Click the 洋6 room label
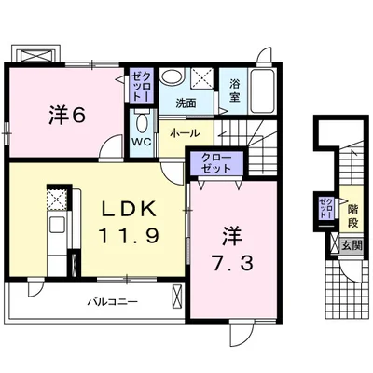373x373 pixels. click(x=66, y=116)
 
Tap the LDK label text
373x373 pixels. click(x=129, y=209)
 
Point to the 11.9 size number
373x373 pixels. click(x=129, y=235)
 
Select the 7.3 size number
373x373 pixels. click(x=232, y=263)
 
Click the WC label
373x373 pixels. click(x=142, y=142)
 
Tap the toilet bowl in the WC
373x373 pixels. click(x=142, y=124)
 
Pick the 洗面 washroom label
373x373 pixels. click(x=186, y=104)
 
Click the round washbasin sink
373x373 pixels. click(x=172, y=76)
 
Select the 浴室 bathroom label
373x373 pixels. click(x=235, y=90)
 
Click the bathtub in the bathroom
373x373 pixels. click(x=262, y=91)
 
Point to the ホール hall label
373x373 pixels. click(x=185, y=133)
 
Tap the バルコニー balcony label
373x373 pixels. click(x=112, y=302)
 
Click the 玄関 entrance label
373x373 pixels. click(x=352, y=246)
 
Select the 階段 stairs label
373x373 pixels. click(x=352, y=215)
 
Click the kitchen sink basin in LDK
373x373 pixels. click(x=56, y=225)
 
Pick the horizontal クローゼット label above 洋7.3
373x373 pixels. click(x=216, y=163)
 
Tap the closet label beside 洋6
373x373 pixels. click(x=142, y=85)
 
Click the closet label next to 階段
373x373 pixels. click(x=326, y=207)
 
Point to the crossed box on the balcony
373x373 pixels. click(x=178, y=296)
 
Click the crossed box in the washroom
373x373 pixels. click(x=201, y=79)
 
